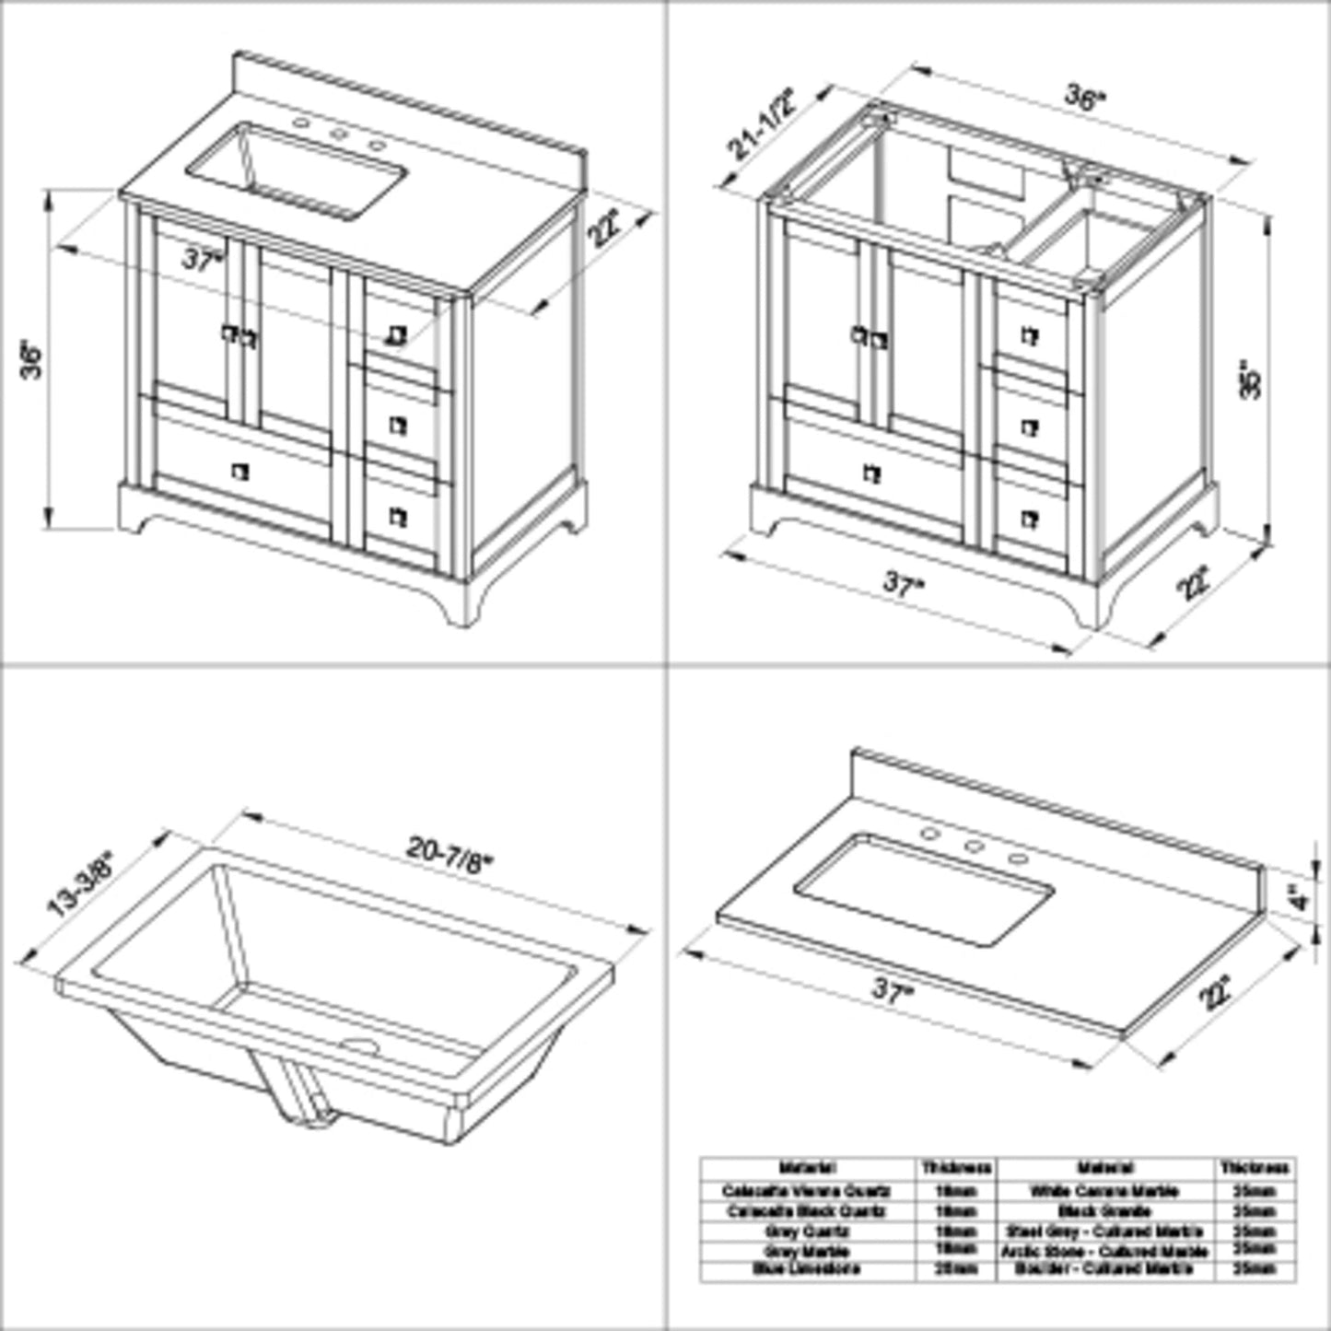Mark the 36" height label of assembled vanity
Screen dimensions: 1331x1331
pos(33,360)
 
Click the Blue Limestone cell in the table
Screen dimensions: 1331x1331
pos(807,1269)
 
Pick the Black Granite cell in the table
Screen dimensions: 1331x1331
pos(1103,1211)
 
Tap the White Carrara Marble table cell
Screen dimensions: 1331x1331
pos(1103,1191)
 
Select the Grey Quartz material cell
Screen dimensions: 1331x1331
pos(807,1231)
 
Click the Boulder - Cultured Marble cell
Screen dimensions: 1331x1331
pos(1103,1269)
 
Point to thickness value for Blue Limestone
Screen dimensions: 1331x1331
pos(956,1269)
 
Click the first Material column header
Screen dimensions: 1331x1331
pos(807,1168)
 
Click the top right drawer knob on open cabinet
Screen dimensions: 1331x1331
pos(1030,337)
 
